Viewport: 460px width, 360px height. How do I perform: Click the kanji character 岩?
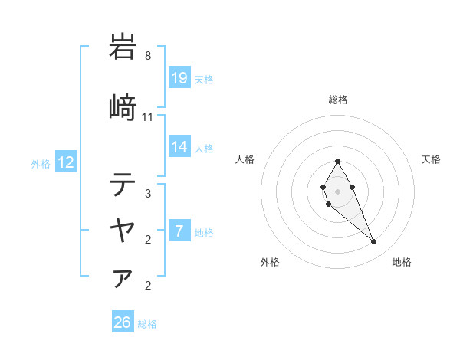(123, 47)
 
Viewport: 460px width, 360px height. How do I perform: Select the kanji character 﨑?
(123, 108)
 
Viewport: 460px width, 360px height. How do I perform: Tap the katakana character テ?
(123, 185)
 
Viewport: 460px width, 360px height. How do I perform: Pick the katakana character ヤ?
(123, 229)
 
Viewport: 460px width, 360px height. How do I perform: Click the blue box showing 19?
(179, 78)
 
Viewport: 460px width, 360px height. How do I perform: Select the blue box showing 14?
(179, 147)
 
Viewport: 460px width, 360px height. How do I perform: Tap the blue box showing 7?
(179, 231)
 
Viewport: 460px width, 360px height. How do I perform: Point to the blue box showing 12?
(66, 162)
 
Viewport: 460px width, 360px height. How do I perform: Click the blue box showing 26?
(123, 322)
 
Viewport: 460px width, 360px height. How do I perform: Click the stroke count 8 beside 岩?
(148, 56)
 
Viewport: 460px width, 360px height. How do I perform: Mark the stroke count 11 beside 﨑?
(148, 117)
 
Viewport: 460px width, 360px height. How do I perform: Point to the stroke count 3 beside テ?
(148, 194)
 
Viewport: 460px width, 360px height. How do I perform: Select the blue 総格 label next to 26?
(147, 324)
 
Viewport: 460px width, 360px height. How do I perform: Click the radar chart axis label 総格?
(337, 100)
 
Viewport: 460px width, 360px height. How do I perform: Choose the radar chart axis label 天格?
(431, 159)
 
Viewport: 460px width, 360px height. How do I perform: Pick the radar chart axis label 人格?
(245, 159)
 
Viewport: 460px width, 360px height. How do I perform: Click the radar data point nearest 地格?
(373, 242)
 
